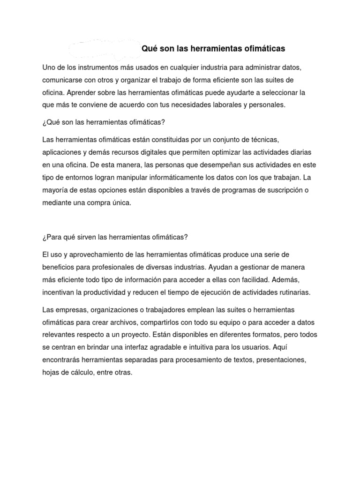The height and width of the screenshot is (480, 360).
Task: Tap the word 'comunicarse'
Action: point(61,81)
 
